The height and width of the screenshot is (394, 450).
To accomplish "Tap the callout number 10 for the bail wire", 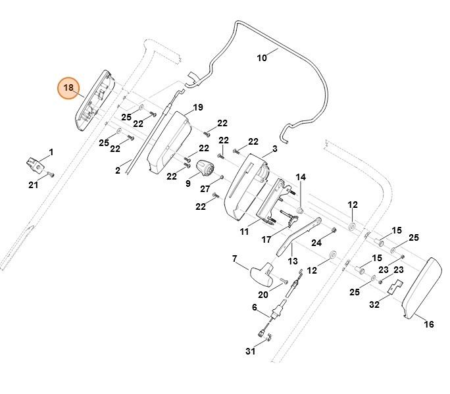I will (x=262, y=58).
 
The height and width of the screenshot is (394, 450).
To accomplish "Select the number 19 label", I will (x=197, y=107).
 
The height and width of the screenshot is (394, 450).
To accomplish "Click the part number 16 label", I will (x=428, y=324).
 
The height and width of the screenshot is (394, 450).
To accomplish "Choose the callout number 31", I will (x=254, y=307).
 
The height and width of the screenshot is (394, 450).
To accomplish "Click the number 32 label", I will (x=374, y=305).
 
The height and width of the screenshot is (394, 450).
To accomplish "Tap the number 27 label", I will (x=205, y=189).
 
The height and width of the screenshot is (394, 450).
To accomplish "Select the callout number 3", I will (x=274, y=149).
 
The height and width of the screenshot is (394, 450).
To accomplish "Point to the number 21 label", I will (x=33, y=185).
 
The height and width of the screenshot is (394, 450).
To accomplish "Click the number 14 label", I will (x=301, y=177).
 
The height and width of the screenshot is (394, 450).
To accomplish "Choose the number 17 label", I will (x=266, y=240).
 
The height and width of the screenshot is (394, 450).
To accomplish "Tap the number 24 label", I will (x=316, y=243).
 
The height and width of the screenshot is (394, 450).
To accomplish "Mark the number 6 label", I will (x=254, y=307).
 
